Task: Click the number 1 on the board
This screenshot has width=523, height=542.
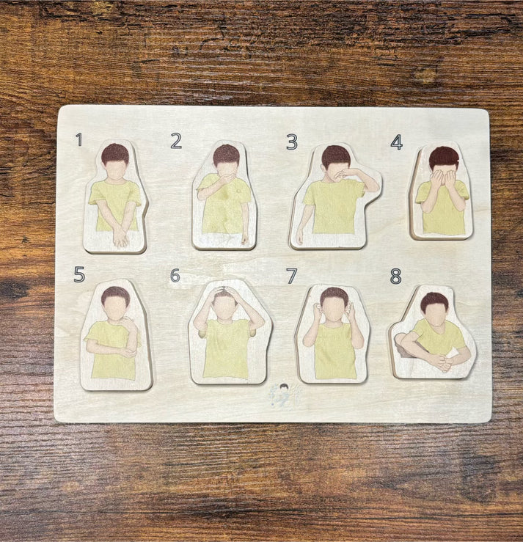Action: [78, 139]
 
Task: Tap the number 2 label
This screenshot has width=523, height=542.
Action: [176, 141]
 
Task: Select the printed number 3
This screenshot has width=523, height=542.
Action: [292, 142]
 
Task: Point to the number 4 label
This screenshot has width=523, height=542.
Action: [397, 142]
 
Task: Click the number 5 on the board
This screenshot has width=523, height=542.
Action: [79, 274]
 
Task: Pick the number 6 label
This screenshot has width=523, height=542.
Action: [175, 276]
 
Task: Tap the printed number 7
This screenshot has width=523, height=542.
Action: [292, 277]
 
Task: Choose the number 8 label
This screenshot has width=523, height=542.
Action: [396, 277]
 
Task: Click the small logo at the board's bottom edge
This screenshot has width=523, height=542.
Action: [284, 396]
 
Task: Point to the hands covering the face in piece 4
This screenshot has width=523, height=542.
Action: [442, 178]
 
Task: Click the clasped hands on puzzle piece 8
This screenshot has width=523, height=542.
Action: [439, 362]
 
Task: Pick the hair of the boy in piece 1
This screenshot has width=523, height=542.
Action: [115, 153]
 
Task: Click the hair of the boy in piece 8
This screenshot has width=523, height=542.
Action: [434, 299]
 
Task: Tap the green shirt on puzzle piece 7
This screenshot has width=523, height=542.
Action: [334, 352]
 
